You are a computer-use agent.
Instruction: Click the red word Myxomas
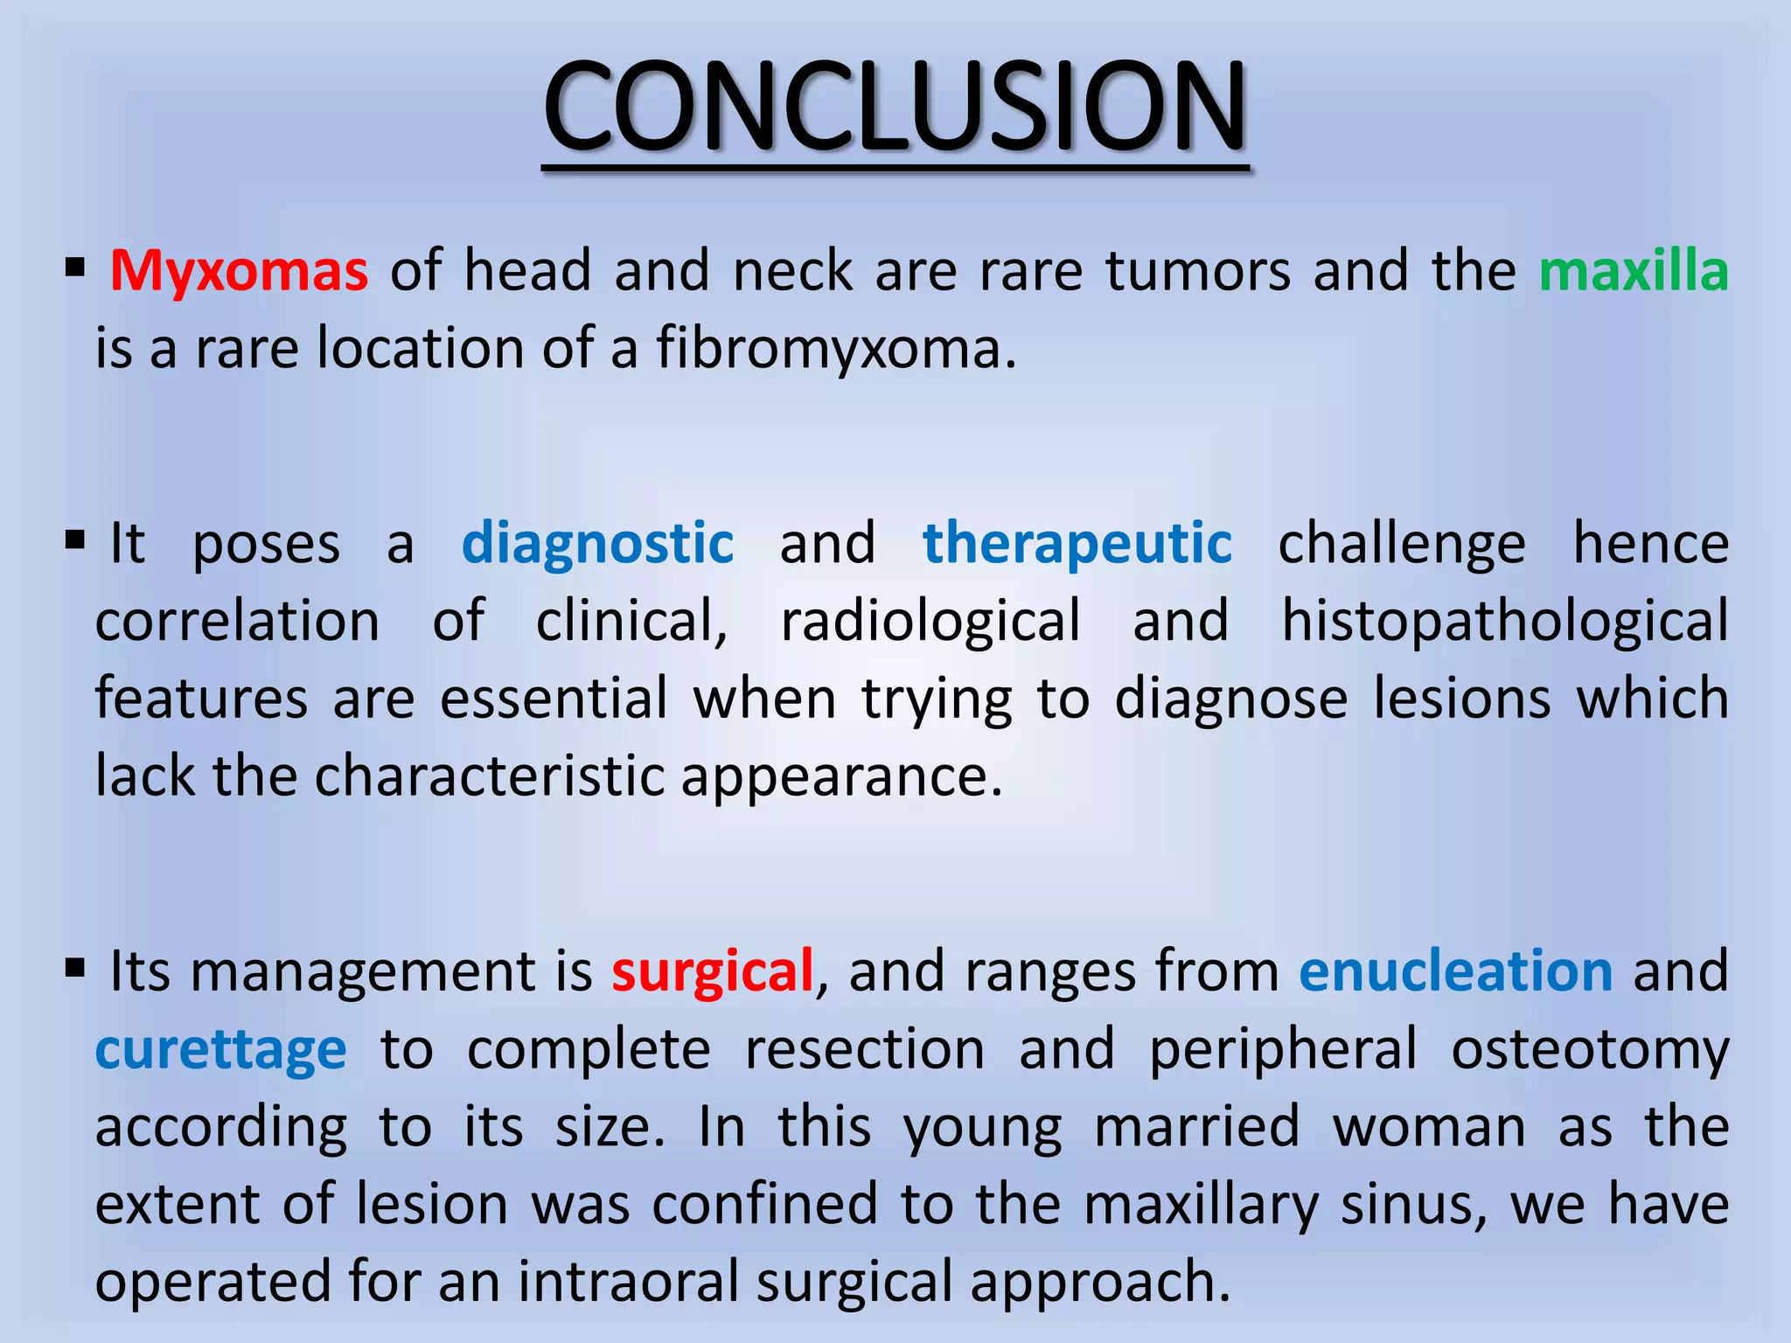pyautogui.click(x=239, y=271)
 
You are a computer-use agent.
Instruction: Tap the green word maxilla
pyautogui.click(x=1633, y=271)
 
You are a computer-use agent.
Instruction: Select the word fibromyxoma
pyautogui.click(x=836, y=349)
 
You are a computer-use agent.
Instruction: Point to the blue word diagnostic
pyautogui.click(x=597, y=544)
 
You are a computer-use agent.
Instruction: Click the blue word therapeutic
pyautogui.click(x=1077, y=544)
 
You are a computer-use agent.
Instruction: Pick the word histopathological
pyautogui.click(x=1504, y=622)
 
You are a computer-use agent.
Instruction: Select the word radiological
pyautogui.click(x=930, y=622)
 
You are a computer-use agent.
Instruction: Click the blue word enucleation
pyautogui.click(x=1455, y=971)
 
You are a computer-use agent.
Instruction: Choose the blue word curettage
pyautogui.click(x=220, y=1049)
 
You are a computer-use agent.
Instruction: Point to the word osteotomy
pyautogui.click(x=1590, y=1049)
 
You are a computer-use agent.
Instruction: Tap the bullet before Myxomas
pyautogui.click(x=75, y=268)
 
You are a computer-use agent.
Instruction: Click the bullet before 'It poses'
pyautogui.click(x=75, y=540)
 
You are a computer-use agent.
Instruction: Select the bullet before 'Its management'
pyautogui.click(x=75, y=968)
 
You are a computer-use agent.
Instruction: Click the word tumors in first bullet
pyautogui.click(x=1198, y=271)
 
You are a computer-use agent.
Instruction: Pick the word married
pyautogui.click(x=1196, y=1127)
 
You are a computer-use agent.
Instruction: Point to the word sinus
pyautogui.click(x=1413, y=1205)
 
